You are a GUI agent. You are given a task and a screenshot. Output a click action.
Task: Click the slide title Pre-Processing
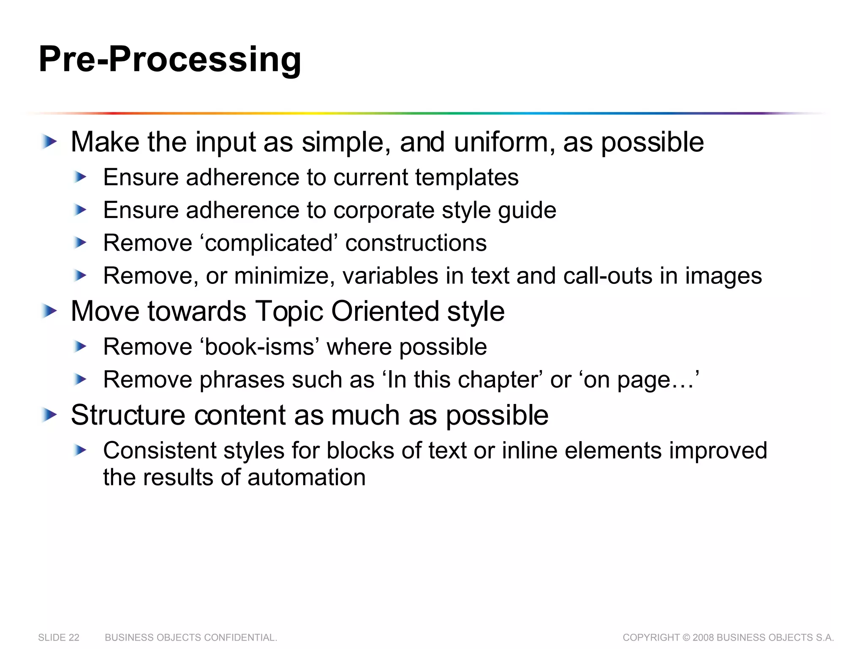170,60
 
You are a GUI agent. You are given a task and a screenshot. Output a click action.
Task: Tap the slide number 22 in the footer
74,638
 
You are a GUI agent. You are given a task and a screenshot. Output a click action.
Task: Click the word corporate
384,210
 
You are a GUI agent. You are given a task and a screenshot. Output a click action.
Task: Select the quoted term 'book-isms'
260,347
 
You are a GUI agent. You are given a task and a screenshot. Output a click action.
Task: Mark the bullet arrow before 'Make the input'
49,142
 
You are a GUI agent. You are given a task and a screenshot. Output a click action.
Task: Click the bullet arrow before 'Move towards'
49,311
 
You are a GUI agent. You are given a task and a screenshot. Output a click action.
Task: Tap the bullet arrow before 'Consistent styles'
80,450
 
